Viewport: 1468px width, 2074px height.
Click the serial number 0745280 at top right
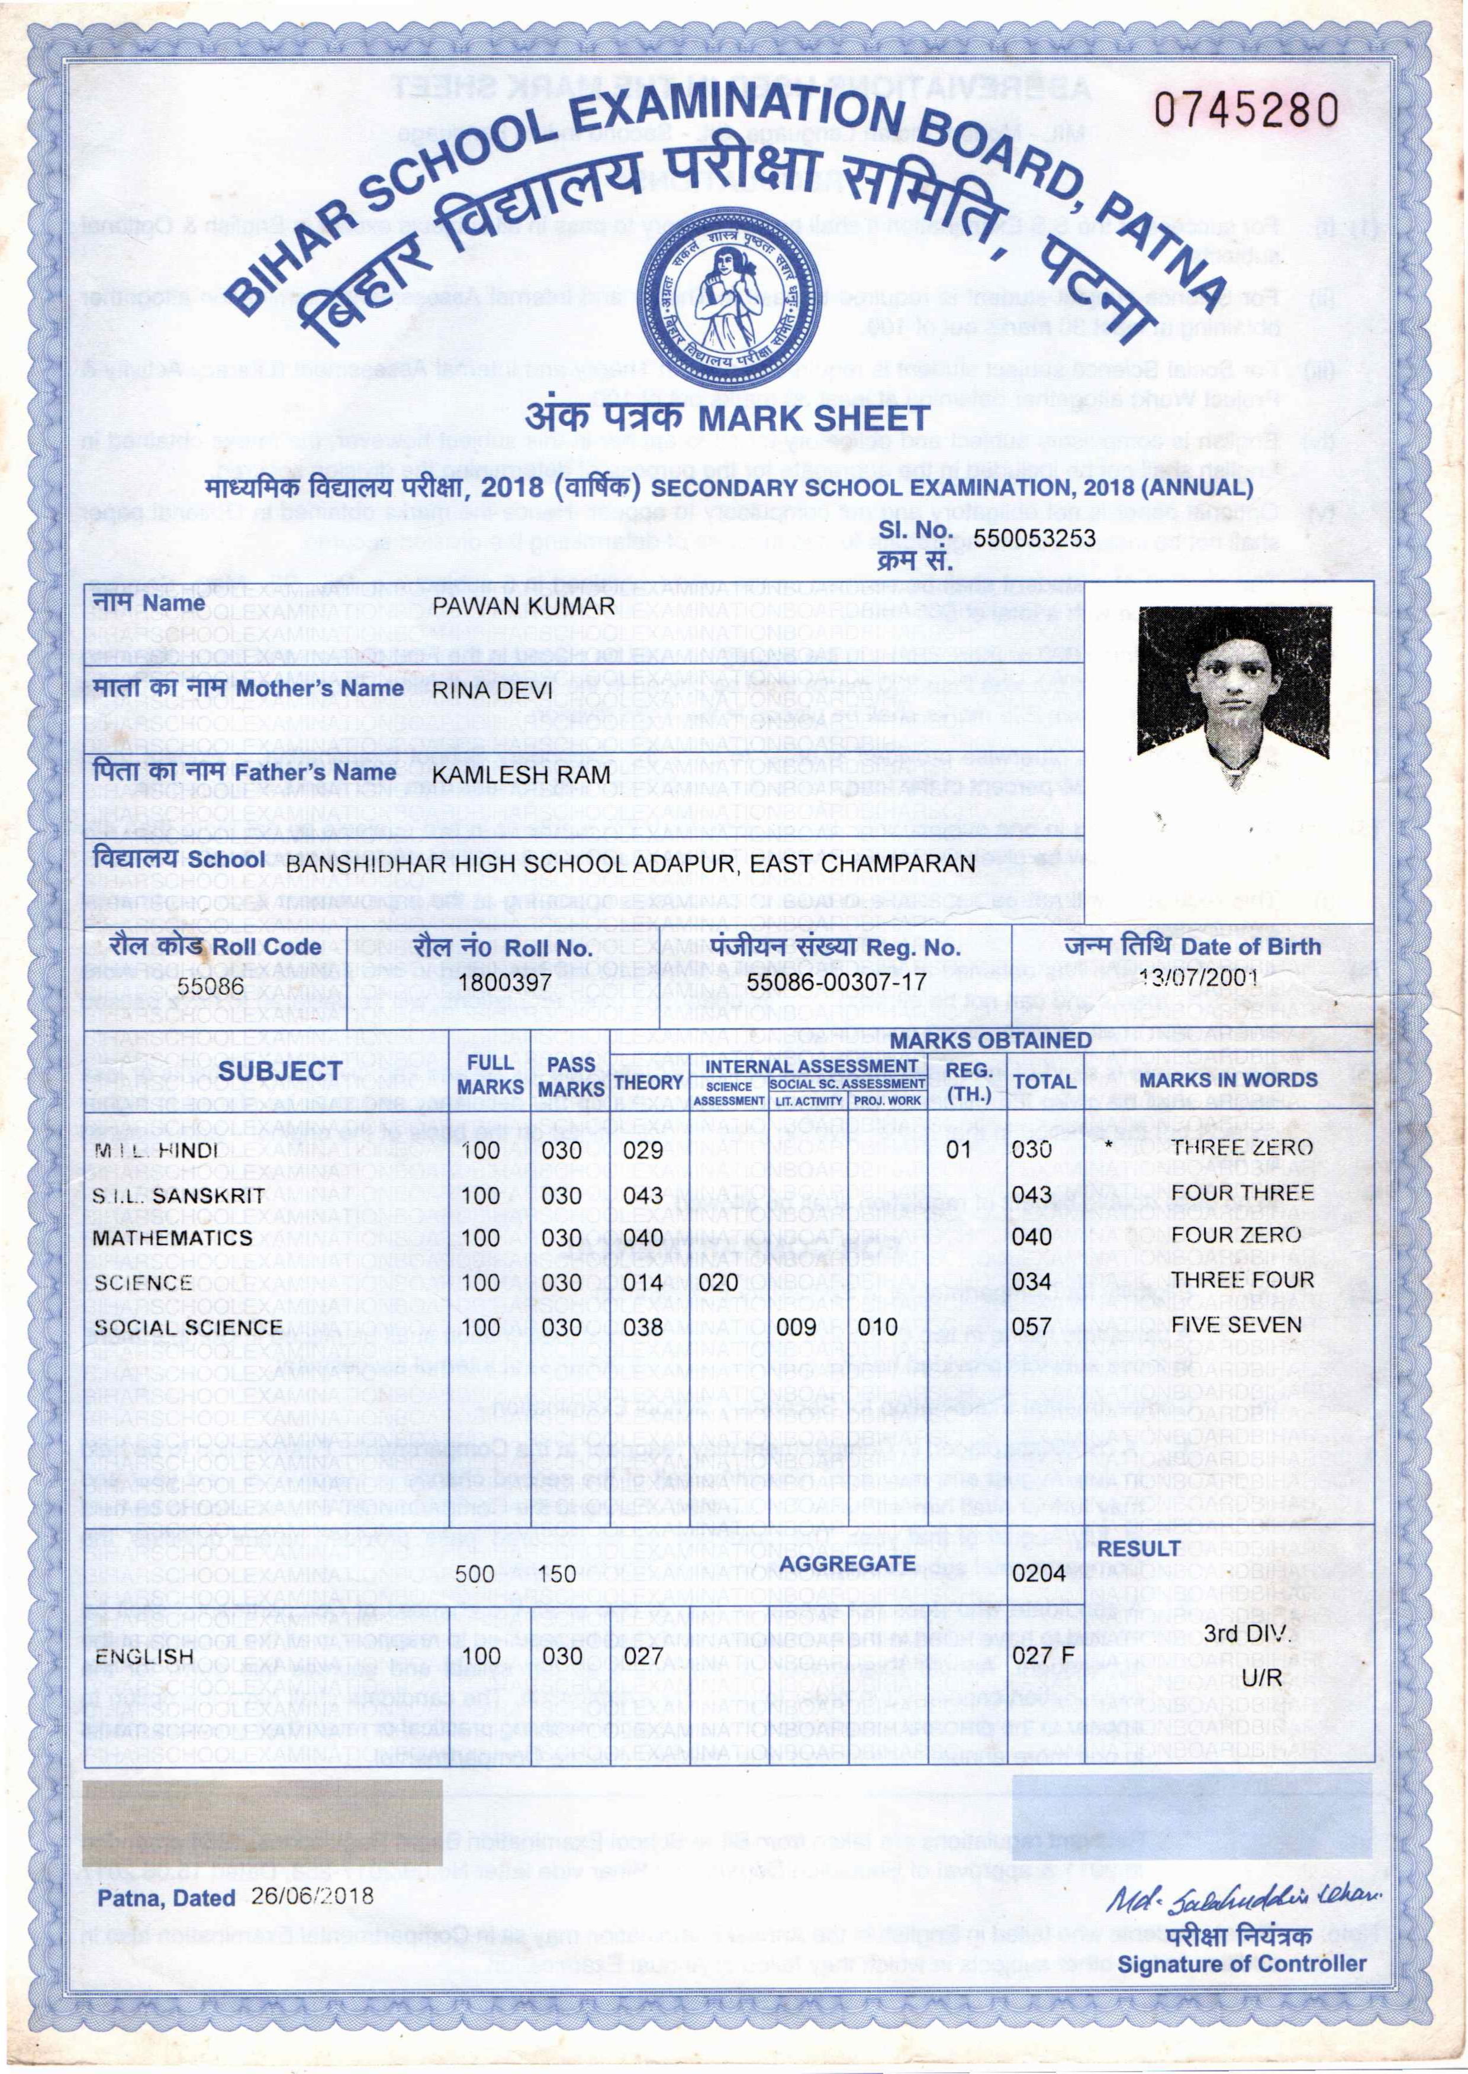(x=1245, y=110)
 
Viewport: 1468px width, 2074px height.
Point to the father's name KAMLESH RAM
(x=521, y=775)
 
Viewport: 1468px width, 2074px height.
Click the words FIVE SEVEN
(x=1236, y=1325)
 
